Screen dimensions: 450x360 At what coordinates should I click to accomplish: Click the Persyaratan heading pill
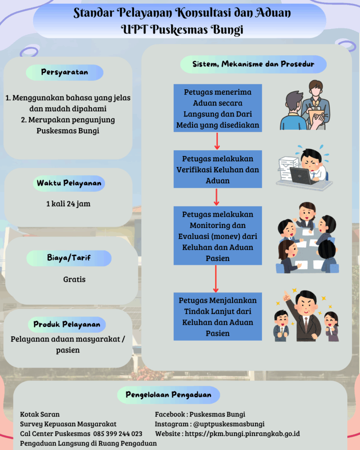(65, 73)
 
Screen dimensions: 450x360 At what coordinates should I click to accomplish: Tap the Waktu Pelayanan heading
(69, 183)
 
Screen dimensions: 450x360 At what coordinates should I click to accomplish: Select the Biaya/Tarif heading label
(69, 258)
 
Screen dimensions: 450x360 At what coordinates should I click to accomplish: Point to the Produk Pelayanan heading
(67, 325)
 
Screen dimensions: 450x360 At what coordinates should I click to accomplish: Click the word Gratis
(74, 279)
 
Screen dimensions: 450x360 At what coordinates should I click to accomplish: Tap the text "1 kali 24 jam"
(68, 204)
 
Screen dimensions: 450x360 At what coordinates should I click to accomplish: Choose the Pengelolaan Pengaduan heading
(168, 395)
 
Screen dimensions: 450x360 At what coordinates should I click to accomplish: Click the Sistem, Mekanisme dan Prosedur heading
(253, 64)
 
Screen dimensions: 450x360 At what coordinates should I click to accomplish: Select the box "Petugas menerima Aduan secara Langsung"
(218, 109)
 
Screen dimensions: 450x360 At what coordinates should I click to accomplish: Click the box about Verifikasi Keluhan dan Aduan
(218, 169)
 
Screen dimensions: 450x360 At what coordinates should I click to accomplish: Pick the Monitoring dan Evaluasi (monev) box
(218, 236)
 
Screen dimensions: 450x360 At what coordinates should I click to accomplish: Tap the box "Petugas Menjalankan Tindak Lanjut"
(218, 316)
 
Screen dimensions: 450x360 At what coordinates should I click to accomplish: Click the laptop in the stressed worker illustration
(302, 176)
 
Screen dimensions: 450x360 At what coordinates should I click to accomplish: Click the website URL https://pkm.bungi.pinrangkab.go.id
(242, 434)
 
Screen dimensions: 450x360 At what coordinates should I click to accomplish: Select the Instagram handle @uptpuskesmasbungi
(229, 424)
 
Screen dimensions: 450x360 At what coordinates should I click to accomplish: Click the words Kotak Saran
(40, 414)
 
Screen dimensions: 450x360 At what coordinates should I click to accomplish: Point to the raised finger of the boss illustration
(285, 293)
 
